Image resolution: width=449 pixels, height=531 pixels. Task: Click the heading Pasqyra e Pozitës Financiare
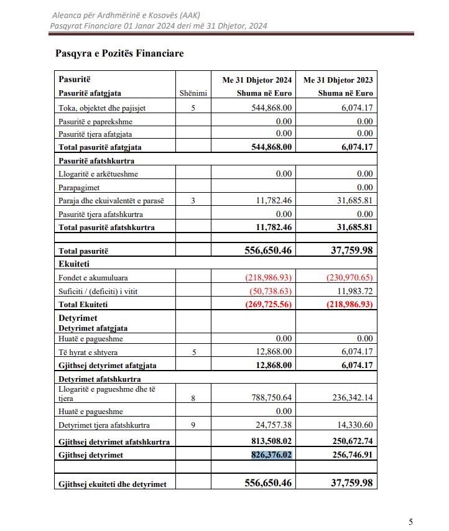pos(119,53)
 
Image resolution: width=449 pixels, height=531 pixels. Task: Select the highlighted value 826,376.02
pos(271,455)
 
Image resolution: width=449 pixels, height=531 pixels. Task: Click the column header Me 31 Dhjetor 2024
pos(257,80)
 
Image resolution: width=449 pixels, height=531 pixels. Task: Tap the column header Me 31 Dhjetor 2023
pos(338,80)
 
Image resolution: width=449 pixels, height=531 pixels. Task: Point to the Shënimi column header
pos(193,93)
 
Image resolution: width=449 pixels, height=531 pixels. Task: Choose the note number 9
pos(193,425)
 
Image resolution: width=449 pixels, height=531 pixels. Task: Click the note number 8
pos(193,398)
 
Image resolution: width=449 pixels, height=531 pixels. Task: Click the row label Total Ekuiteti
pos(84,304)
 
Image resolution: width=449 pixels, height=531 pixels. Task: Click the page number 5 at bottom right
pos(410,522)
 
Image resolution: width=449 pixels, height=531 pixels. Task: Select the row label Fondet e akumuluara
pos(93,277)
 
